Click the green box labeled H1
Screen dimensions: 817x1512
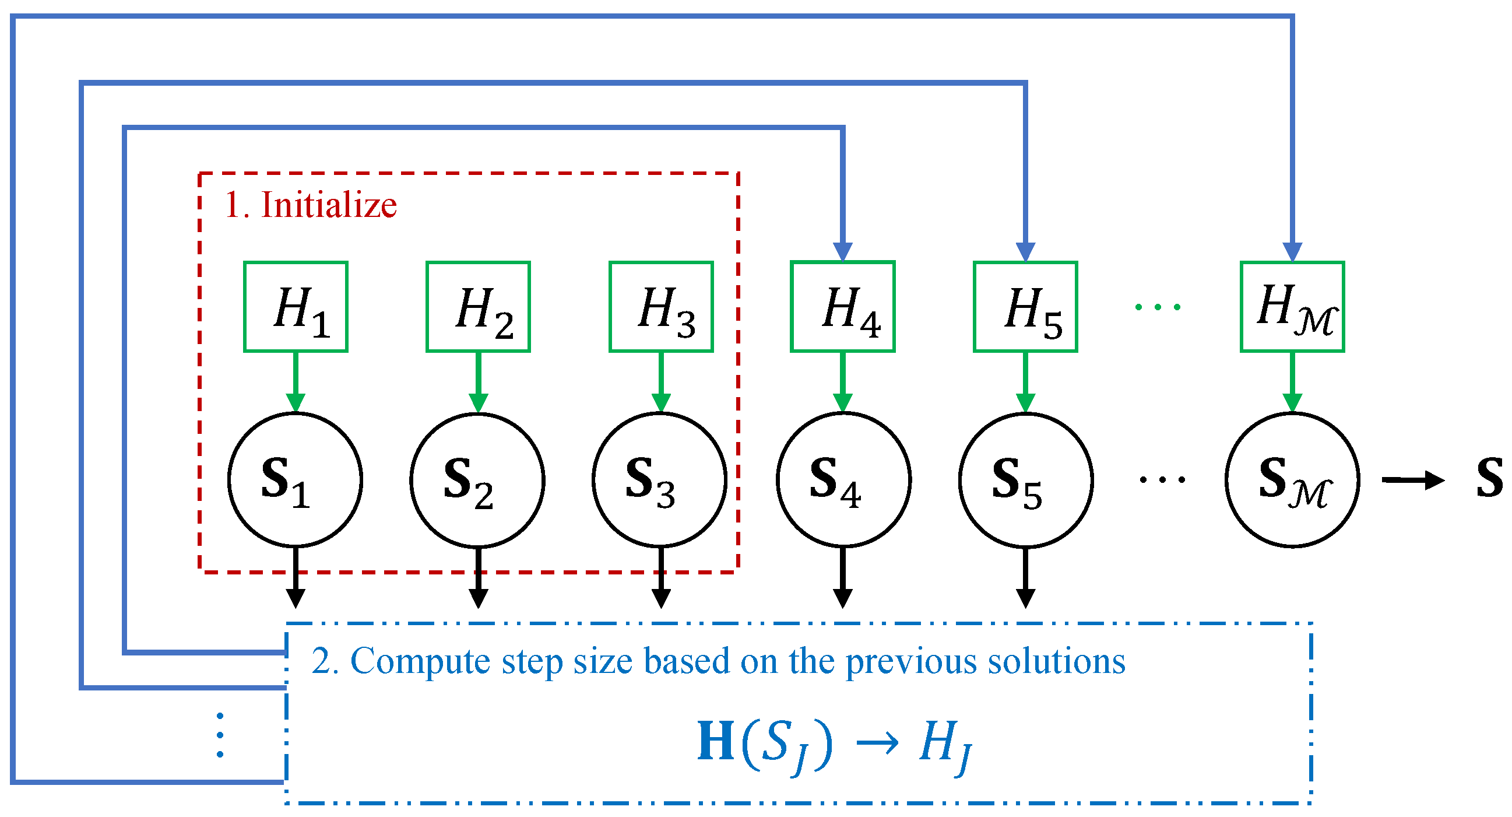tap(296, 307)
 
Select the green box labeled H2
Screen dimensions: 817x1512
tap(479, 307)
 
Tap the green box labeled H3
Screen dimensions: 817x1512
tap(662, 307)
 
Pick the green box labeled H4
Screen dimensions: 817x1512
tap(843, 307)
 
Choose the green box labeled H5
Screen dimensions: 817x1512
tap(1025, 307)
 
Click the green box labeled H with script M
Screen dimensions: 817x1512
tap(1292, 307)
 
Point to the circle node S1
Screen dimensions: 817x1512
tap(296, 481)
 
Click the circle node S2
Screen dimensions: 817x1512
tap(478, 481)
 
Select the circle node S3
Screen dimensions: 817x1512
tap(660, 481)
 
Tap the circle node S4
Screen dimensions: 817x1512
tap(843, 481)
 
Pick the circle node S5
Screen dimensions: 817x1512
tap(1026, 481)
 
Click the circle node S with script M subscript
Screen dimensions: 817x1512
tap(1292, 481)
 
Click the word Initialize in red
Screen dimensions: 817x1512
tap(329, 205)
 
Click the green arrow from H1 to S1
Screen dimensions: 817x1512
tap(296, 382)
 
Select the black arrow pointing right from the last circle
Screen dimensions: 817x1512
tap(1413, 481)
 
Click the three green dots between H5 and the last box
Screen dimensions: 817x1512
tap(1158, 307)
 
